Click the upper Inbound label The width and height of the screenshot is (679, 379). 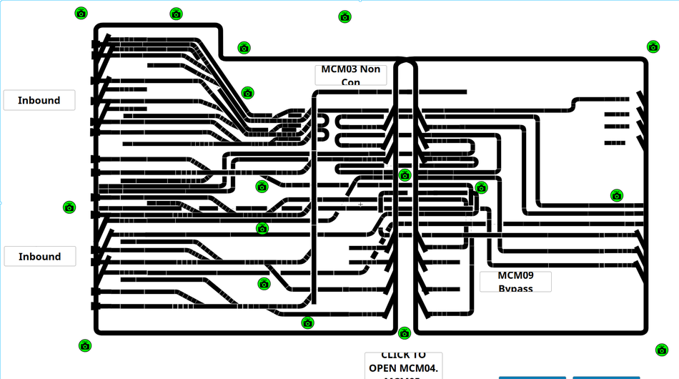(x=39, y=100)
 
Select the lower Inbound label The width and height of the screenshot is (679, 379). (x=39, y=257)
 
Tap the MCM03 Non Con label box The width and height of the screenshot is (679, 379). (x=350, y=75)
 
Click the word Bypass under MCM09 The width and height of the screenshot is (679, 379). (x=515, y=288)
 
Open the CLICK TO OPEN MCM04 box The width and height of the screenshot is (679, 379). (x=403, y=365)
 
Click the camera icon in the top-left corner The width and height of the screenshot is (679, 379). (x=81, y=13)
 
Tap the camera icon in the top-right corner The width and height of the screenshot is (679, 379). (x=653, y=47)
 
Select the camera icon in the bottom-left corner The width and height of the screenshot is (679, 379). (x=85, y=346)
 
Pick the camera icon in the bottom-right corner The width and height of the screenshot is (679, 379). (x=661, y=350)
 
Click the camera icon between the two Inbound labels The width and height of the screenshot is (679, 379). (x=69, y=207)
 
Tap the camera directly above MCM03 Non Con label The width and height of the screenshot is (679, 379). (x=345, y=16)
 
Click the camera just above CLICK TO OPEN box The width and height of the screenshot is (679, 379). (x=405, y=333)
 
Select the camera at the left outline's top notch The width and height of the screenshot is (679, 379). (x=244, y=48)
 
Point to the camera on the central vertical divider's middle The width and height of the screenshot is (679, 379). (x=405, y=175)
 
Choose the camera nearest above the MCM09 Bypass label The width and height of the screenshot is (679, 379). (x=481, y=188)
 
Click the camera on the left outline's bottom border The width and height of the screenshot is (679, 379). (x=307, y=323)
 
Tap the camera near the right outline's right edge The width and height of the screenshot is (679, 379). (x=616, y=195)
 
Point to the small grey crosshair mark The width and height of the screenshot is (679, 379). (x=360, y=205)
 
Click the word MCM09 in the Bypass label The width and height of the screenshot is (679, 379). (x=515, y=275)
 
